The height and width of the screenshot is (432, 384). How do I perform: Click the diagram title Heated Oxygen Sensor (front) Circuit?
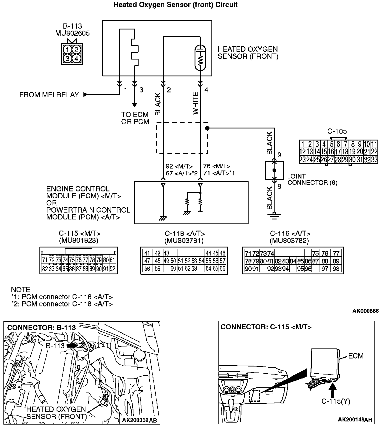point(175,5)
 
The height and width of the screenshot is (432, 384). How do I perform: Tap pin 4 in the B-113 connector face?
point(76,58)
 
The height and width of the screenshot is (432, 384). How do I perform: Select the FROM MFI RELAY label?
point(49,95)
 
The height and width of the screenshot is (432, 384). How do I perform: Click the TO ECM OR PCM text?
point(135,118)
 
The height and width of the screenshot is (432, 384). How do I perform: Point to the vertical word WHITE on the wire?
point(195,103)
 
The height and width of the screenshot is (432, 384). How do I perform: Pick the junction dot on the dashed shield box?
point(207,128)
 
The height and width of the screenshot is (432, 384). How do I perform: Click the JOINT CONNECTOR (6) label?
point(312,179)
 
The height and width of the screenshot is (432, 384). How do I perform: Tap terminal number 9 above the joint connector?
point(279,155)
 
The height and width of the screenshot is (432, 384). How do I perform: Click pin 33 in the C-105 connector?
point(374,160)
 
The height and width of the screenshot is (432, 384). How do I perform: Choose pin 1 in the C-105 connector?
point(303,144)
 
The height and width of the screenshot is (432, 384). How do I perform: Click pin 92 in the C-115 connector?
point(113,269)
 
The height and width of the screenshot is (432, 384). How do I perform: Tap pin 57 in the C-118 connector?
point(223,261)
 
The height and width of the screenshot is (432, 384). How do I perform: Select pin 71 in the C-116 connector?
point(248,253)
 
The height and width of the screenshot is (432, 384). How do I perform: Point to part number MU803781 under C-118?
point(184,241)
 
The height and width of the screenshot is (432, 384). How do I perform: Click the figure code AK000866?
point(365,311)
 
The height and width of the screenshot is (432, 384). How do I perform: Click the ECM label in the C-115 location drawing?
point(356,356)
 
